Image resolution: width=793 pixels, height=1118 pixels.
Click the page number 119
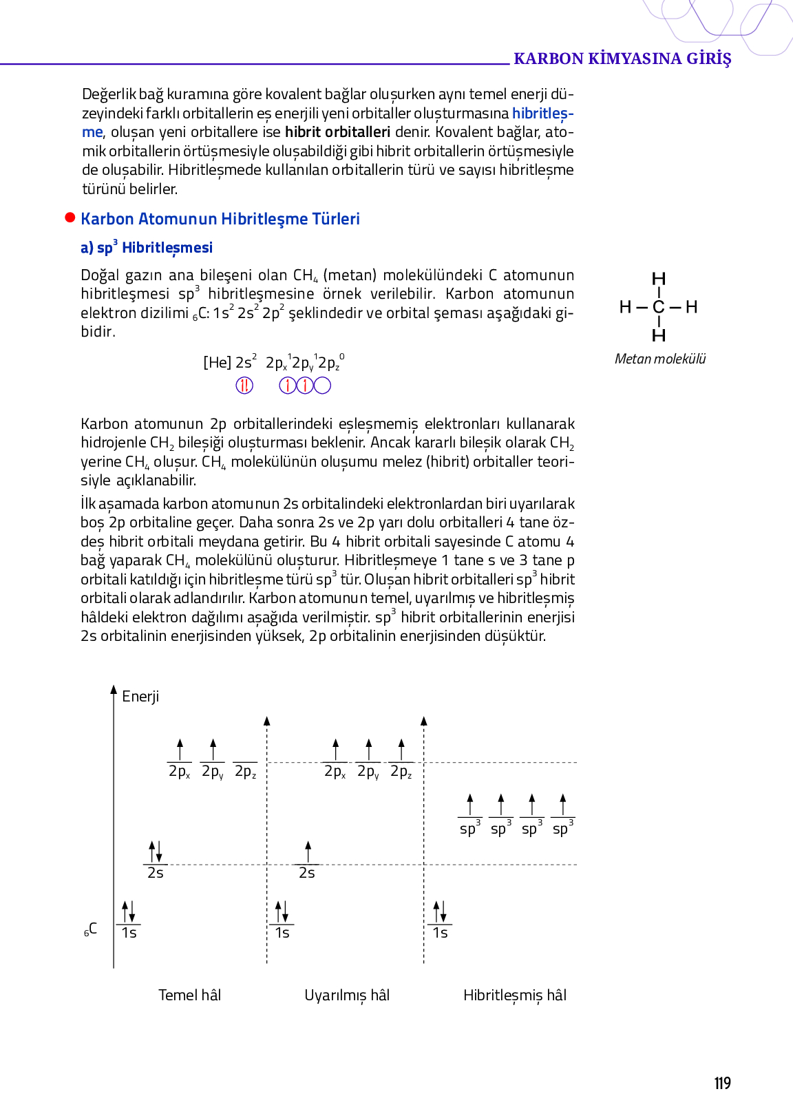click(x=722, y=1084)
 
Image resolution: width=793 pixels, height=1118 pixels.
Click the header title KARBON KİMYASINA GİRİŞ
click(x=622, y=59)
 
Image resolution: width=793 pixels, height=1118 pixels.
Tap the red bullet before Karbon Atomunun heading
click(x=70, y=218)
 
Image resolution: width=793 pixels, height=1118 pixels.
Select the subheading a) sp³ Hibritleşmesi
click(x=147, y=248)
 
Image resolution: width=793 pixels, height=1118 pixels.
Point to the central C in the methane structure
click(x=659, y=307)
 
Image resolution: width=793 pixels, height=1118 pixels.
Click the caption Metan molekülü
click(x=660, y=359)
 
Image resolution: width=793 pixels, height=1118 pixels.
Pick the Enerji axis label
click(x=140, y=697)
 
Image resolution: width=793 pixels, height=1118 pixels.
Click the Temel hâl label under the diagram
click(x=190, y=995)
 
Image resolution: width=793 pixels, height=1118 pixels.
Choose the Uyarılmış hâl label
click(x=347, y=995)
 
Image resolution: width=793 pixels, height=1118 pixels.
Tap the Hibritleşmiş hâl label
click(x=515, y=995)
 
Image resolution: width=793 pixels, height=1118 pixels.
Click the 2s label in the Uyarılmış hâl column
click(x=307, y=873)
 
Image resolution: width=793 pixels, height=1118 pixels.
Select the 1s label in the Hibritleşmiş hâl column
click(x=440, y=933)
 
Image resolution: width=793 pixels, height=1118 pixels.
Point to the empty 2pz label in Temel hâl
click(x=245, y=772)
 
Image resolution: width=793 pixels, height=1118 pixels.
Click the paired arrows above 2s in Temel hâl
click(x=156, y=852)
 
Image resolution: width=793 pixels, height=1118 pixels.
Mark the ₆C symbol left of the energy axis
click(x=91, y=929)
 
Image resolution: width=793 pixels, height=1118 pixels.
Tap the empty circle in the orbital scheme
click(x=322, y=386)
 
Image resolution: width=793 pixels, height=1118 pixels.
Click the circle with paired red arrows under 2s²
click(x=244, y=386)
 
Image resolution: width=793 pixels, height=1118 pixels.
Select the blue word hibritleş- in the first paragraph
click(x=542, y=113)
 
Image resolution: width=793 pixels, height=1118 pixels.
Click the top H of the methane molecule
click(x=659, y=279)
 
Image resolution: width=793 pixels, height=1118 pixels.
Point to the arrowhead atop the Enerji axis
click(x=114, y=689)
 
